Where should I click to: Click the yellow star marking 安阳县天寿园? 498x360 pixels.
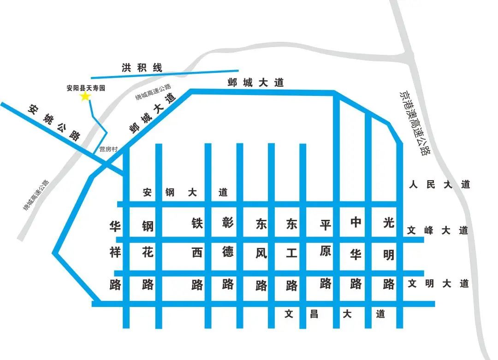pyautogui.click(x=85, y=96)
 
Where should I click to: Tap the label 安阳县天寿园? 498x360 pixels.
pyautogui.click(x=86, y=88)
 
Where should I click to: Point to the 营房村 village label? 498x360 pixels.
pyautogui.click(x=109, y=149)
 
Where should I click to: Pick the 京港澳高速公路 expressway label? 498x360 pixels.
pyautogui.click(x=414, y=123)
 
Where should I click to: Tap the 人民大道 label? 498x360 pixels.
pyautogui.click(x=439, y=185)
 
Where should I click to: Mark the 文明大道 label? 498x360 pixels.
pyautogui.click(x=438, y=283)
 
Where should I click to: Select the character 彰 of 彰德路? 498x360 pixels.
pyautogui.click(x=228, y=223)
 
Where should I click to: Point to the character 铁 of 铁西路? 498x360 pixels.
pyautogui.click(x=197, y=223)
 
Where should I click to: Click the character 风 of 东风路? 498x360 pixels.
pyautogui.click(x=261, y=254)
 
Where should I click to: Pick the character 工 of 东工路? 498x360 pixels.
pyautogui.click(x=291, y=254)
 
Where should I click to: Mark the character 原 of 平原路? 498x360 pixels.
pyautogui.click(x=326, y=252)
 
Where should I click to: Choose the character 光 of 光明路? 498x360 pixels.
pyautogui.click(x=389, y=222)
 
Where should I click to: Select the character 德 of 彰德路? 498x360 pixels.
pyautogui.click(x=228, y=252)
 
